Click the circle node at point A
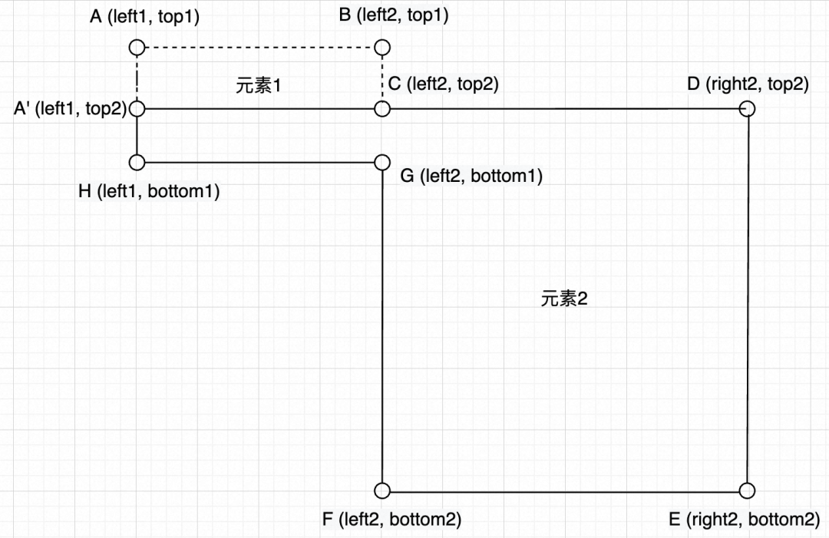coord(137,48)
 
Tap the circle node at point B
coord(382,48)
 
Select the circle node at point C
coord(382,109)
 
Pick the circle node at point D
coord(748,109)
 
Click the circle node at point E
coord(748,490)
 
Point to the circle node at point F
coord(382,490)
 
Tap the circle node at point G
coord(382,163)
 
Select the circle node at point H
coord(137,163)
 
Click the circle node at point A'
coord(137,109)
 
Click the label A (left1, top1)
coord(144,16)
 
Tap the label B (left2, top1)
coord(394,15)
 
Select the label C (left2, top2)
coord(443,84)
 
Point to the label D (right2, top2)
coord(748,84)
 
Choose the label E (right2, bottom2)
coord(744,520)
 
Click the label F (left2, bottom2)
coord(391,520)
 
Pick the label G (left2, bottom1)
coord(471,177)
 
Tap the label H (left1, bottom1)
coord(149,192)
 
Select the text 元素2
coord(564,299)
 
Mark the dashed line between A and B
coord(259,48)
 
